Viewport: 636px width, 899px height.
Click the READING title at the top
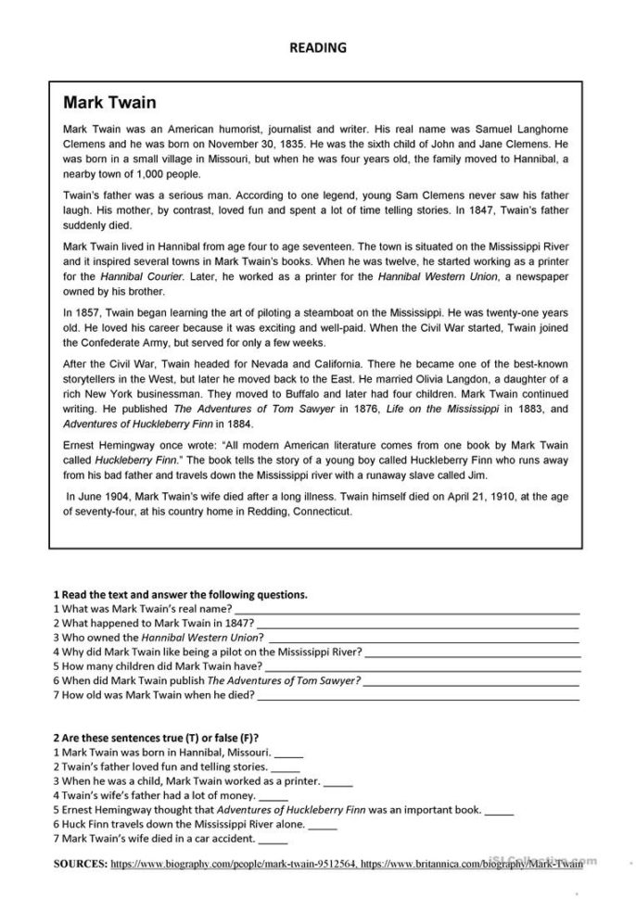point(317,46)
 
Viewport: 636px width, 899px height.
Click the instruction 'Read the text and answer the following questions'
point(181,594)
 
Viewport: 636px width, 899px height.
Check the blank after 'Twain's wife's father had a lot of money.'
point(273,795)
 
